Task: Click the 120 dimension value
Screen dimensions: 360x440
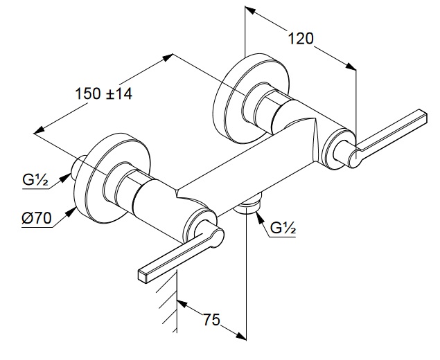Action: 301,39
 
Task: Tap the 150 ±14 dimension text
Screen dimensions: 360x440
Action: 104,95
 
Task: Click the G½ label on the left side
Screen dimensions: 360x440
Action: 34,182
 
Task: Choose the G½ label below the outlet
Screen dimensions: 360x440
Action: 283,227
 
